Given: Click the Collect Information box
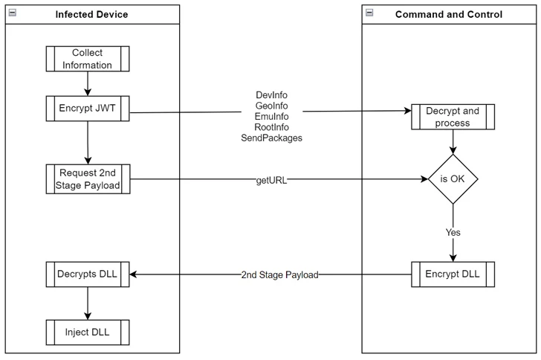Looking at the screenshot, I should coord(88,59).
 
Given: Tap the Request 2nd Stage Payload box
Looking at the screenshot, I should coord(88,179).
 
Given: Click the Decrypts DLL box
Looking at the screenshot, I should coord(88,274).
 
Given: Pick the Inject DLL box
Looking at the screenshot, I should coord(88,332).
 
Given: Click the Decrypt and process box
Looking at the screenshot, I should coord(453,117).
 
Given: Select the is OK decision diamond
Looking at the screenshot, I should coord(453,179).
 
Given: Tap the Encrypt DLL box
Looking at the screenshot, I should coord(453,274).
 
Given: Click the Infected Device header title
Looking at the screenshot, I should coord(91,14).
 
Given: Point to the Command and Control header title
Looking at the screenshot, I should coord(448,14).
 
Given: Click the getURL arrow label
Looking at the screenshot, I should coord(271,180).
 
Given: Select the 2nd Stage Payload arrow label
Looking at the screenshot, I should coord(279,274).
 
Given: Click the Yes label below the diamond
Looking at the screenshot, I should coord(453,232).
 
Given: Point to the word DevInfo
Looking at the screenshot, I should coord(271,95).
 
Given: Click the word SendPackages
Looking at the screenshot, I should coord(271,138).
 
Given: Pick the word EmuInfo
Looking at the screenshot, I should coord(271,116).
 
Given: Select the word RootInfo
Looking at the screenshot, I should coord(271,127).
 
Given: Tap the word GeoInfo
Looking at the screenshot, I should coord(271,106).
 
